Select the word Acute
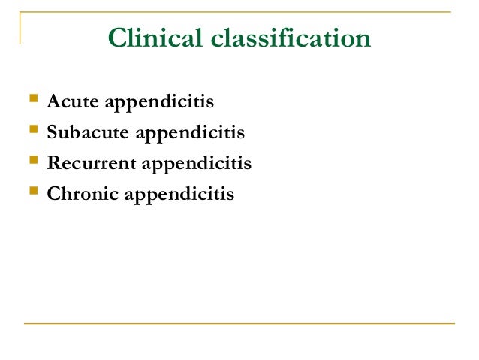pyautogui.click(x=72, y=101)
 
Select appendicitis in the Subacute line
pyautogui.click(x=191, y=133)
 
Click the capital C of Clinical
pyautogui.click(x=117, y=38)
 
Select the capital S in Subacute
pyautogui.click(x=52, y=133)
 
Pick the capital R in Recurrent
pyautogui.click(x=53, y=163)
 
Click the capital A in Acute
pyautogui.click(x=53, y=101)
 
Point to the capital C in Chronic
pyautogui.click(x=53, y=194)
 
